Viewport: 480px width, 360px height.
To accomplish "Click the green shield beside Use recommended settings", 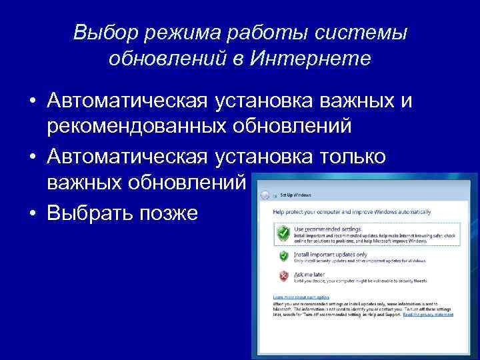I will click(283, 233).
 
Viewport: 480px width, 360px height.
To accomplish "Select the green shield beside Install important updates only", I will click(283, 256).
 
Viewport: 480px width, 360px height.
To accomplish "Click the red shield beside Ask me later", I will click(283, 275).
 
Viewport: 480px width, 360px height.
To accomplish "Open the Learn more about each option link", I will click(301, 297).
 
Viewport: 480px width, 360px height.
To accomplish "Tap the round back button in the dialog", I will click(265, 195).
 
